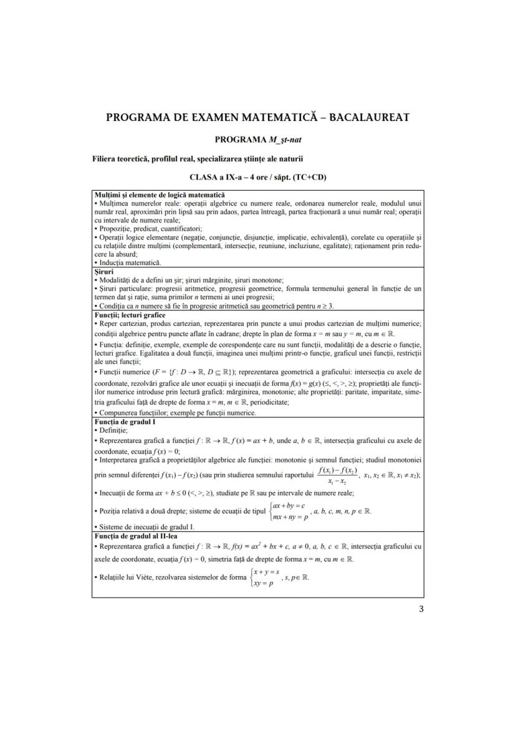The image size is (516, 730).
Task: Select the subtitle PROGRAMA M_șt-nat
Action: point(258,138)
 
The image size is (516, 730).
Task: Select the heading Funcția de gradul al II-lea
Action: point(135,535)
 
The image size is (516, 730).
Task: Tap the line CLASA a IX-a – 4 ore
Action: point(258,177)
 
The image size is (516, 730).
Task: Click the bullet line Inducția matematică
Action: point(125,263)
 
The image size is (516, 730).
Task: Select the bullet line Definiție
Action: point(112,430)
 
